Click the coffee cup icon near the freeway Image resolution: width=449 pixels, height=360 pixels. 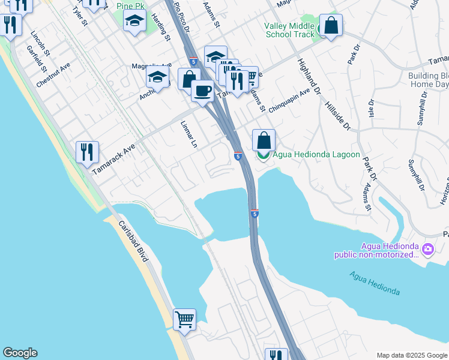point(202,90)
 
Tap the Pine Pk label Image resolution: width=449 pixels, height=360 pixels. point(132,5)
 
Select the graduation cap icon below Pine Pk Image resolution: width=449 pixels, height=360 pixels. point(134,22)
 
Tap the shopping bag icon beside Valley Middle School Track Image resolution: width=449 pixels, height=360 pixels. point(331,25)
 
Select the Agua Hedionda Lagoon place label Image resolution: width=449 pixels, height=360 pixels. point(316,154)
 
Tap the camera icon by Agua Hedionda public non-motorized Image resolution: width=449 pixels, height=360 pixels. point(428,248)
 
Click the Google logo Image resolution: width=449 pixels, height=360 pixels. point(20,353)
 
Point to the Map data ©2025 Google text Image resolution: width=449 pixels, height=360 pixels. point(411,355)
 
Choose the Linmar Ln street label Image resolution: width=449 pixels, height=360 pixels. point(189,135)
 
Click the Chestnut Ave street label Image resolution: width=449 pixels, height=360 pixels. point(53,75)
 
